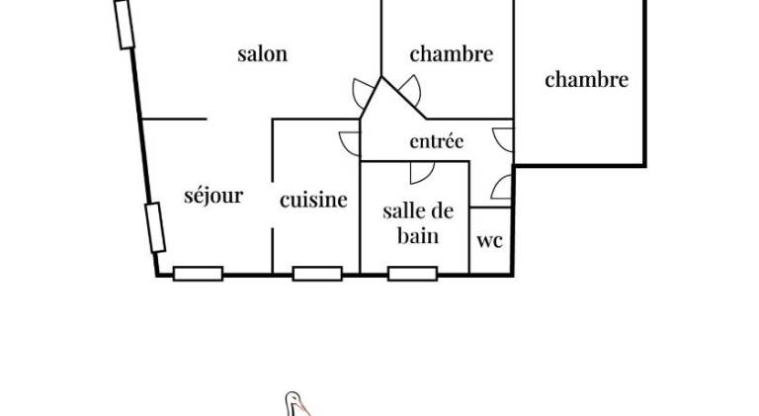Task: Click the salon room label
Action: click(262, 53)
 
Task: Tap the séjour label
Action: click(213, 196)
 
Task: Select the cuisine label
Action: click(313, 200)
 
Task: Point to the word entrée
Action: click(437, 141)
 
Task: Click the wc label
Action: click(489, 241)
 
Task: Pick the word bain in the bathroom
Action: click(418, 236)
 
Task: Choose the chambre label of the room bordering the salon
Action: click(452, 53)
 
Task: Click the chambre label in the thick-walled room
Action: click(587, 79)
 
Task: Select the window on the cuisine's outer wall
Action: click(317, 274)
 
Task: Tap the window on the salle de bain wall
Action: click(412, 274)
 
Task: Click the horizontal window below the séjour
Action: click(198, 274)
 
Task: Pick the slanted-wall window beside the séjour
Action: click(155, 228)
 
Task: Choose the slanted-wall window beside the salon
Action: click(125, 24)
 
